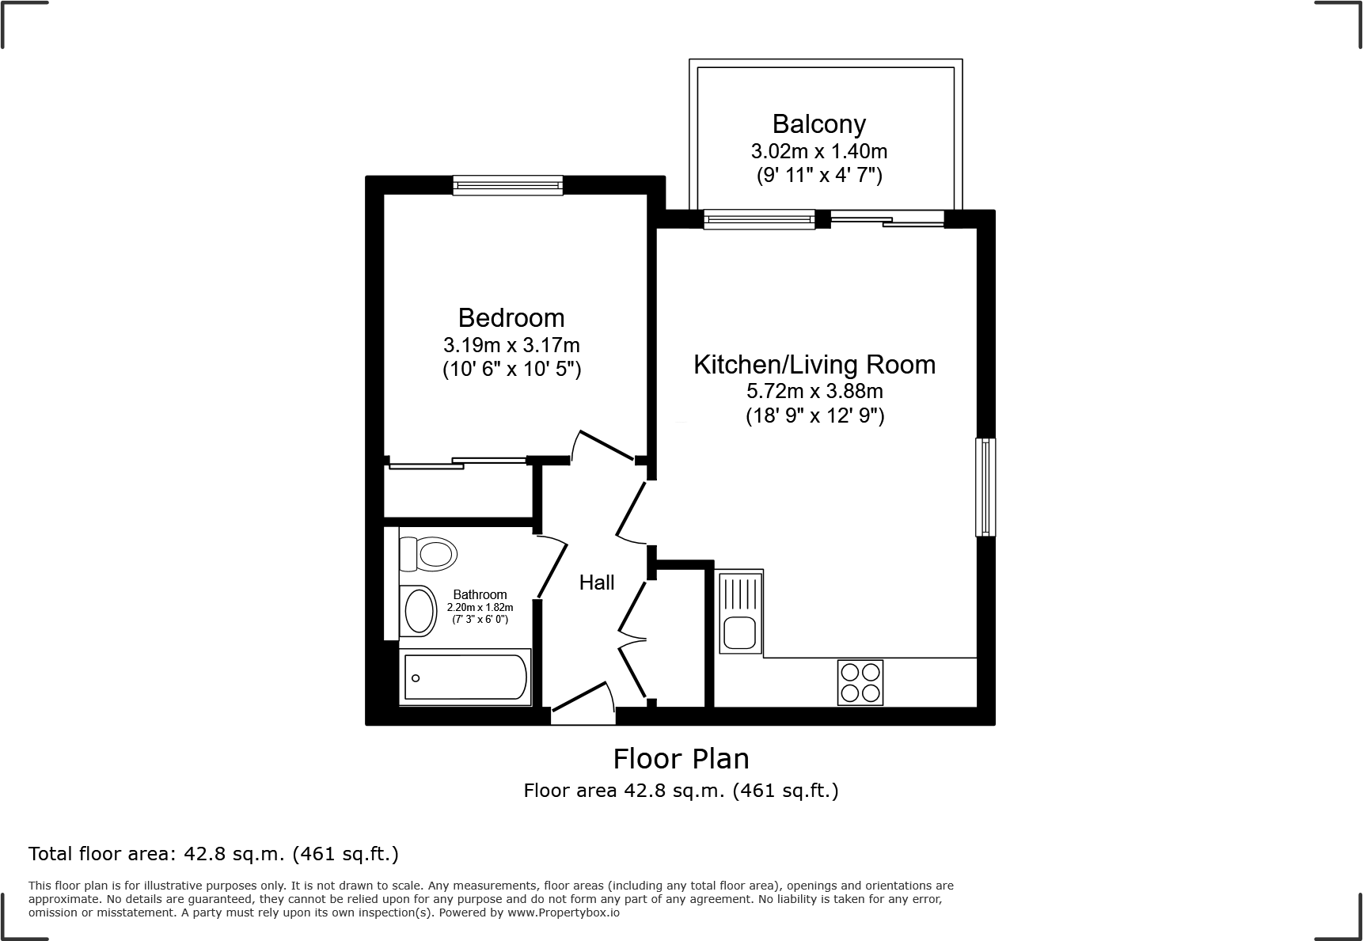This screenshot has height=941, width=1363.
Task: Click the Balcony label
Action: (818, 124)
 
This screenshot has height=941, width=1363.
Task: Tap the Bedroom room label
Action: (511, 318)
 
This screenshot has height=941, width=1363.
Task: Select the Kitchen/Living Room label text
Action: (814, 365)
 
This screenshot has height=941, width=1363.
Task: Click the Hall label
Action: (596, 583)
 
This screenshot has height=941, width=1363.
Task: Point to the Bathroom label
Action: (480, 595)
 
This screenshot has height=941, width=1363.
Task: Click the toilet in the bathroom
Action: (430, 553)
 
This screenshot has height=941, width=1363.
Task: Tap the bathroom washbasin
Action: (420, 611)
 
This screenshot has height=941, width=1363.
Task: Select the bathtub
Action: (465, 678)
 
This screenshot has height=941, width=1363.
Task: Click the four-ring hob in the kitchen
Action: (860, 682)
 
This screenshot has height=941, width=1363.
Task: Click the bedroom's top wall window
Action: (507, 185)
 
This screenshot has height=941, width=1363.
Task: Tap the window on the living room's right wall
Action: (985, 487)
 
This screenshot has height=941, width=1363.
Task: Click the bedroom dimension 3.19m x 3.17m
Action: (511, 346)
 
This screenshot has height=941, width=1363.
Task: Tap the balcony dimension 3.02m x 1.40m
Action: (818, 151)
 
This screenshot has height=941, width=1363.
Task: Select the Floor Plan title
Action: (681, 759)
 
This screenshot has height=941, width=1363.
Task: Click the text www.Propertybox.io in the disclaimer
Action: (564, 913)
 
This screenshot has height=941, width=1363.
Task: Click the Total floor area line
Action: (214, 854)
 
